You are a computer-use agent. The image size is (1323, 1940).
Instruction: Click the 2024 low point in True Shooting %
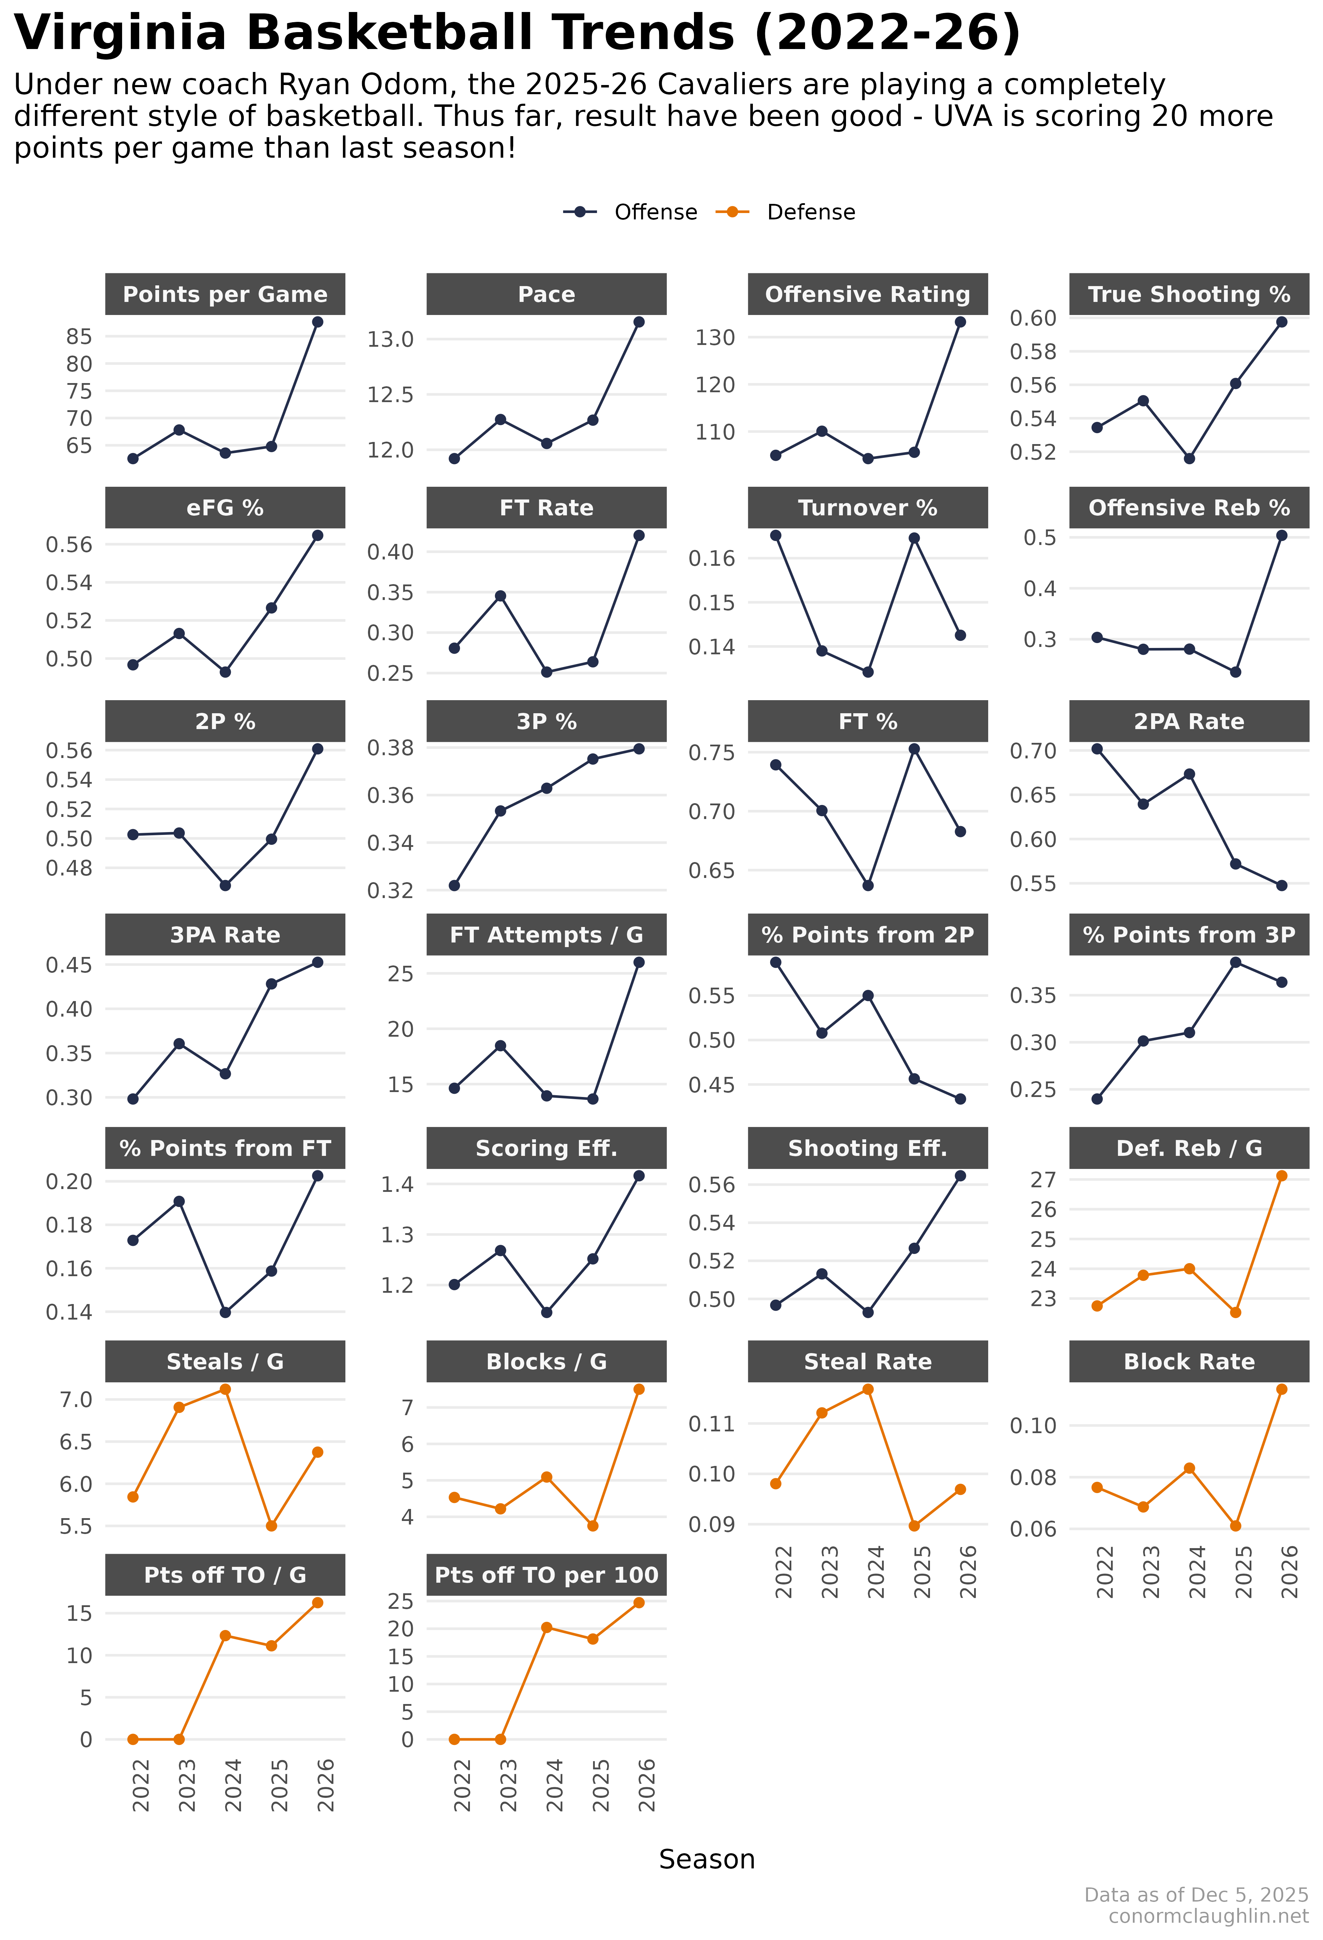[1189, 458]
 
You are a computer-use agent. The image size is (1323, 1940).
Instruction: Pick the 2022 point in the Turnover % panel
[775, 535]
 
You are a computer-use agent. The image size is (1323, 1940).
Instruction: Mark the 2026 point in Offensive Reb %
[1281, 535]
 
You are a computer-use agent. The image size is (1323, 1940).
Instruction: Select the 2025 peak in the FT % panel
[914, 749]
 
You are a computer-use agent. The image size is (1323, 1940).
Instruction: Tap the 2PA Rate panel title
[1189, 721]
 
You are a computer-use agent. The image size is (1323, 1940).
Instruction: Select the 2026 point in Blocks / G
[639, 1389]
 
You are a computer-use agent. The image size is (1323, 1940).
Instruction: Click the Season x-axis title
[706, 1859]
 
